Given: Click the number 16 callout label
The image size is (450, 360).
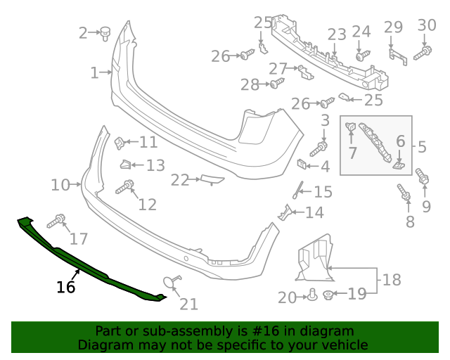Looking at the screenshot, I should [x=65, y=287].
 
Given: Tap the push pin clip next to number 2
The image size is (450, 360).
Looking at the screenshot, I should [x=107, y=32].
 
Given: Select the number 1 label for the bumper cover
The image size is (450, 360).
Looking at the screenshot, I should [x=95, y=72].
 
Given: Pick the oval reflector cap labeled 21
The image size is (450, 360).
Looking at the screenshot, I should [x=169, y=283].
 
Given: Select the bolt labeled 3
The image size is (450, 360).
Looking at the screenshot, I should [x=321, y=148].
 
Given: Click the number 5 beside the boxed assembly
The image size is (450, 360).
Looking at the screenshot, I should [x=422, y=147].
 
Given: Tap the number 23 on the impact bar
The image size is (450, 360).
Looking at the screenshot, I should [x=337, y=34].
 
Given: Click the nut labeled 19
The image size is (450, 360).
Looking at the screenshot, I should [x=329, y=295].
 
